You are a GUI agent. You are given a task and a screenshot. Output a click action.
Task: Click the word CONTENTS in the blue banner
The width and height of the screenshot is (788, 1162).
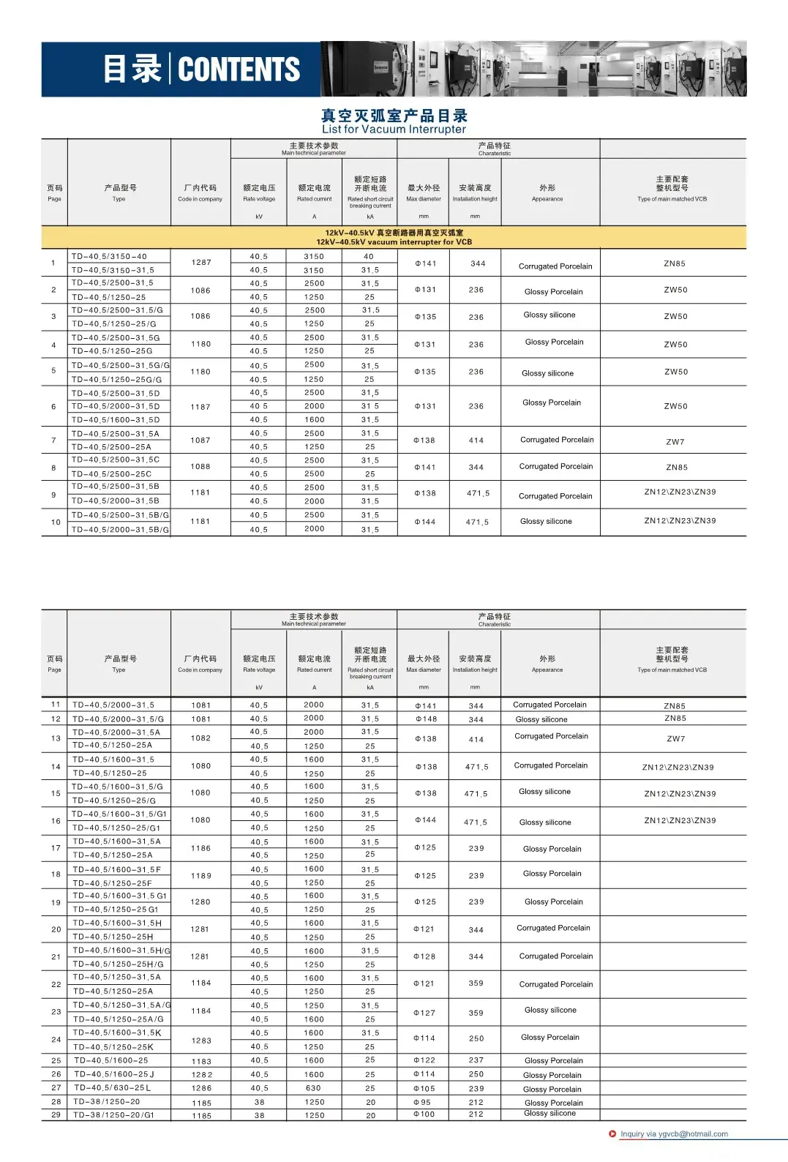tap(239, 70)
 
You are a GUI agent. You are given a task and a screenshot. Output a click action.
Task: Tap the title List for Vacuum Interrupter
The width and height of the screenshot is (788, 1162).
tap(394, 130)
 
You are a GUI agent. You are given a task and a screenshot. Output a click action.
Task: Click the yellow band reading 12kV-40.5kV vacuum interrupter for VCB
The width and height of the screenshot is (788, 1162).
tap(394, 238)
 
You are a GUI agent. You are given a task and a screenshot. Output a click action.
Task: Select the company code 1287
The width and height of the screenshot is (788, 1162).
tap(201, 262)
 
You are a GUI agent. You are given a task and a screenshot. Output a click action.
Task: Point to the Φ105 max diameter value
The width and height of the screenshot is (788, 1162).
tap(424, 1088)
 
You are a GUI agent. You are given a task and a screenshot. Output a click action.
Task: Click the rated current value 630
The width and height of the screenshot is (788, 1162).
tap(314, 1088)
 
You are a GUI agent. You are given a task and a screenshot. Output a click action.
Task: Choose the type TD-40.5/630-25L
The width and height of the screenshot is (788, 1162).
tap(112, 1088)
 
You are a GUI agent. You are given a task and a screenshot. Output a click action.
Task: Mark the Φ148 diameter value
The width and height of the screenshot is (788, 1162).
tap(426, 719)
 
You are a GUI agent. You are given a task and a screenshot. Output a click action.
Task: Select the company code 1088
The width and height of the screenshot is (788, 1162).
tap(200, 466)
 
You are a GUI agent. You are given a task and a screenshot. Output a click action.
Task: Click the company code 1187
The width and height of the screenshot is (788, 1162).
tap(200, 407)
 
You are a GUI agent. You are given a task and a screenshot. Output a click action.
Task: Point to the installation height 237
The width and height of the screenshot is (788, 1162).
tap(476, 1060)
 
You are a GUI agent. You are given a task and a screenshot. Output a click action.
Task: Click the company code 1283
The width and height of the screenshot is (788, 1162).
tap(201, 1040)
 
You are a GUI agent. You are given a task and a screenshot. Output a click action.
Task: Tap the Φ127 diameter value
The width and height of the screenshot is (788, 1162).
tap(424, 1013)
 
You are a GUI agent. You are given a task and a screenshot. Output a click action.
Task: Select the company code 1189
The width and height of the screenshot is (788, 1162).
tap(201, 876)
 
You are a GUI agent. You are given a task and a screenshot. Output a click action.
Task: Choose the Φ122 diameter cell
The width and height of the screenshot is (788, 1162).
tap(424, 1060)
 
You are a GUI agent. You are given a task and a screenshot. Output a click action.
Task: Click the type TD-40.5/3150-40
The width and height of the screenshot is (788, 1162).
tap(109, 257)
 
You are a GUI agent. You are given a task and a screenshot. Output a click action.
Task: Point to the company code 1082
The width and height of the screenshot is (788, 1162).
tap(201, 738)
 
